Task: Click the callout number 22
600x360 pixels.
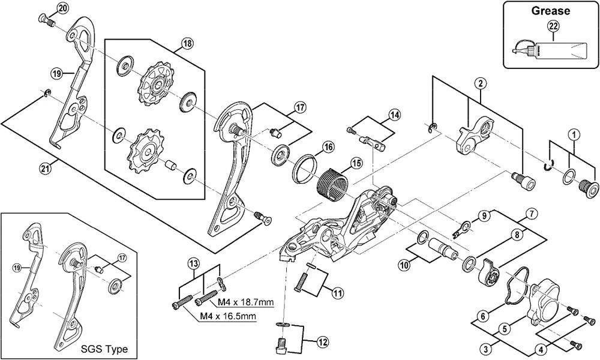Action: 553,25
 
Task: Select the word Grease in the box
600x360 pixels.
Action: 550,10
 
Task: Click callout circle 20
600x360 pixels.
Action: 63,8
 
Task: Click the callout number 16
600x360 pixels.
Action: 328,148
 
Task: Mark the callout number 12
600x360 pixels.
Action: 323,343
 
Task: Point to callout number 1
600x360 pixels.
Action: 574,134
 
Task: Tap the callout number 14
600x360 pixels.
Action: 394,114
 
